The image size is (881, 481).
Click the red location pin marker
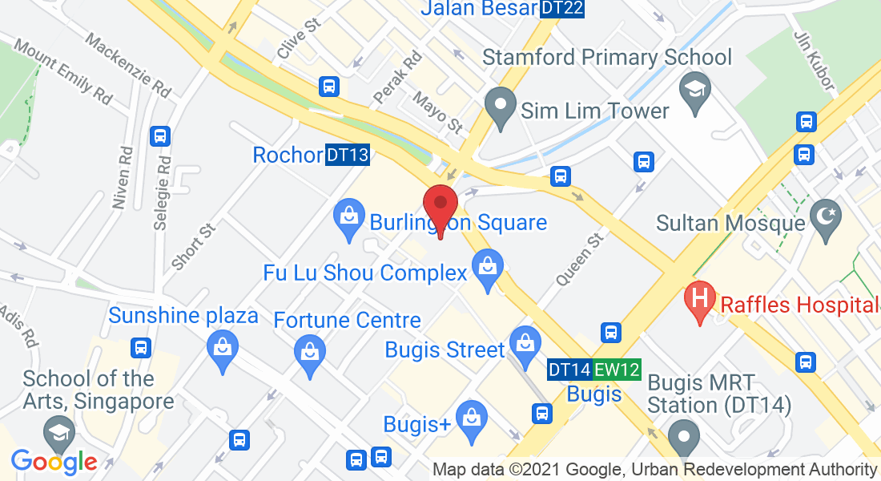[440, 208]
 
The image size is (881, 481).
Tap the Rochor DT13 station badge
[348, 155]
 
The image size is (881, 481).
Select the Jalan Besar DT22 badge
[561, 9]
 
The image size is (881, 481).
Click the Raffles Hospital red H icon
[699, 301]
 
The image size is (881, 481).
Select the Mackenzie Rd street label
[128, 66]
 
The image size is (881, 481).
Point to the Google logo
[54, 462]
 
